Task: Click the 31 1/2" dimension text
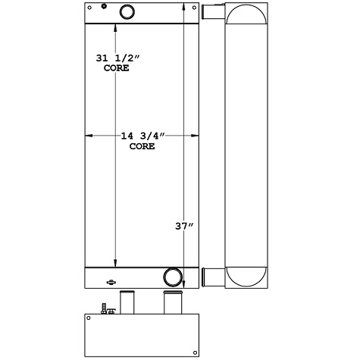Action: click(x=115, y=58)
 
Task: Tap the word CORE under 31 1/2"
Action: click(x=115, y=68)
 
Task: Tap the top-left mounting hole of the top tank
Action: click(x=89, y=9)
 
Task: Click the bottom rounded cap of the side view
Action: click(x=245, y=276)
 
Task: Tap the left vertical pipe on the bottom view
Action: click(x=127, y=302)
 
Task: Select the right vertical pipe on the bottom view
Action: click(x=173, y=302)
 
